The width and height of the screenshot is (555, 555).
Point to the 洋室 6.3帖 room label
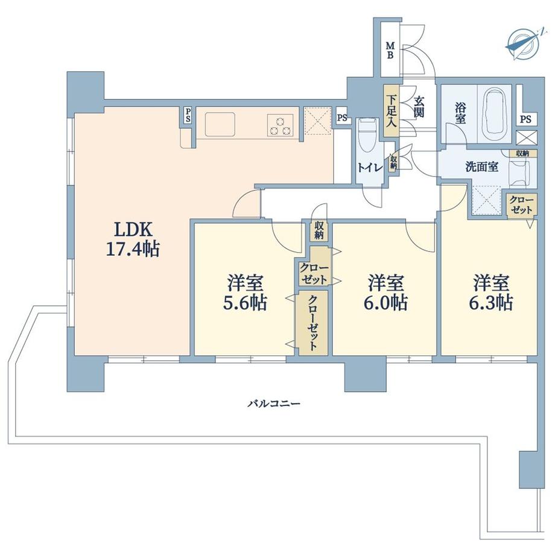(x=492, y=292)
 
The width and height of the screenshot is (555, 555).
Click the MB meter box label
(x=390, y=50)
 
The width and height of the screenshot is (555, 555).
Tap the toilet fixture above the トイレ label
(x=366, y=136)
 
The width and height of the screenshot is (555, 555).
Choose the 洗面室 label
(x=481, y=167)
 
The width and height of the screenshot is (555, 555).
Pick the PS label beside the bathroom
(x=526, y=119)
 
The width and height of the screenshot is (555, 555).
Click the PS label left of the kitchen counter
(x=188, y=115)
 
